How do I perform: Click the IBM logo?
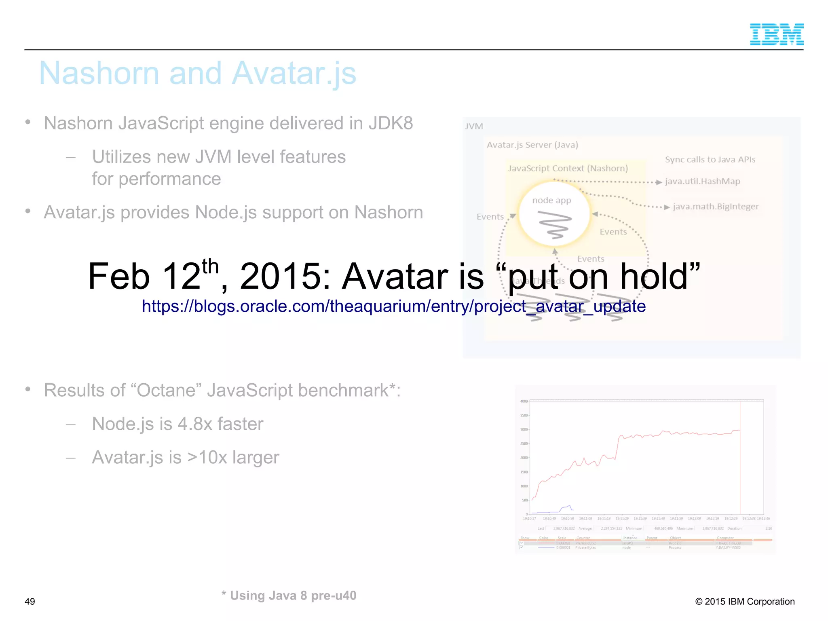coord(776,34)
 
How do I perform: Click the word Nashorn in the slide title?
coord(99,73)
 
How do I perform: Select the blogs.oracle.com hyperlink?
coord(393,306)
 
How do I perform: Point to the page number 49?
coord(30,602)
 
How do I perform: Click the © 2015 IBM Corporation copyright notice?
coord(745,602)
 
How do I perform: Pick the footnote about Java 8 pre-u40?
coord(289,596)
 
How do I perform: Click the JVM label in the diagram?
coord(474,126)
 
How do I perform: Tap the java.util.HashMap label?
coord(703,181)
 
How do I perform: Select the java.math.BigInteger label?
coord(716,207)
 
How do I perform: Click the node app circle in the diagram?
coord(554,215)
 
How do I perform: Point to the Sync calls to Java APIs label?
coord(710,159)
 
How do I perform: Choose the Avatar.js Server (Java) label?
coord(532,145)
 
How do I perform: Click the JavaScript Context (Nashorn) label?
coord(568,168)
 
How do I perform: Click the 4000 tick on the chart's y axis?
coord(524,401)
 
